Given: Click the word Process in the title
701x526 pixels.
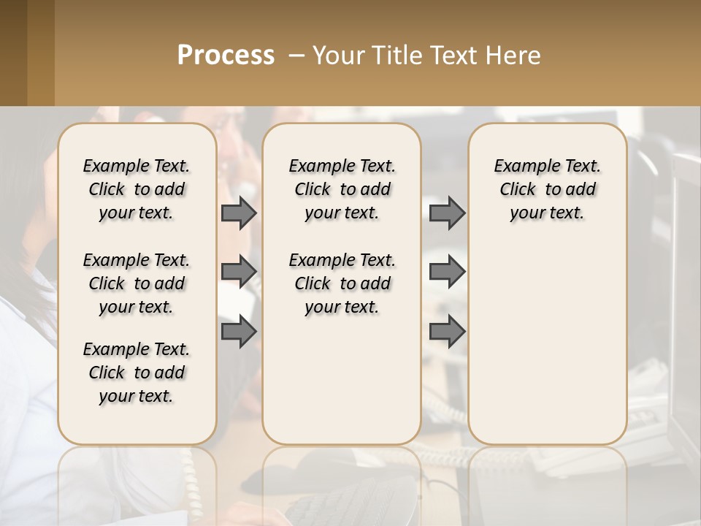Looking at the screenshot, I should pyautogui.click(x=226, y=56).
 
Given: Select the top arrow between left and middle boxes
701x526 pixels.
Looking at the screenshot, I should pyautogui.click(x=239, y=213).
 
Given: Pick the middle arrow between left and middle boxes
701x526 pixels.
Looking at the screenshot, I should pyautogui.click(x=239, y=272).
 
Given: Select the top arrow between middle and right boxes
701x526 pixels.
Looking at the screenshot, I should pyautogui.click(x=447, y=213).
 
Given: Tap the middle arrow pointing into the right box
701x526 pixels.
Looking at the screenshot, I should pyautogui.click(x=447, y=272).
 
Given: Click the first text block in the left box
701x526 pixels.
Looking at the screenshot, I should pyautogui.click(x=137, y=189).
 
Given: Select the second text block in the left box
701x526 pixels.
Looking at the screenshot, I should pyautogui.click(x=137, y=283).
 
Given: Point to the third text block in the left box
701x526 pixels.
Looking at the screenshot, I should pyautogui.click(x=137, y=373).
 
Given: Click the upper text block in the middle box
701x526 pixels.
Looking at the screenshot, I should pyautogui.click(x=342, y=189).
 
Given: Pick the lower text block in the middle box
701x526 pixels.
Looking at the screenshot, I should pyautogui.click(x=342, y=283).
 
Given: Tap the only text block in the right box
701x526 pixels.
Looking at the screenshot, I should pyautogui.click(x=547, y=189).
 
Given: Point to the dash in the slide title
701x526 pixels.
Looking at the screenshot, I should pyautogui.click(x=296, y=56).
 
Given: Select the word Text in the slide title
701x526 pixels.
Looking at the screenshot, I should pyautogui.click(x=453, y=56).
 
